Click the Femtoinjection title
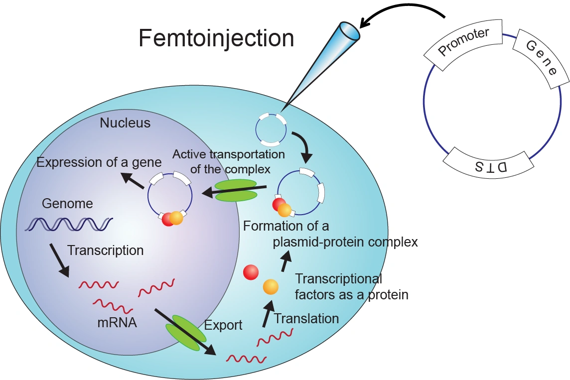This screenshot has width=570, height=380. point(216,38)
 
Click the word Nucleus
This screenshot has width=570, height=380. point(125,123)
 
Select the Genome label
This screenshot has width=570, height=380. point(67,203)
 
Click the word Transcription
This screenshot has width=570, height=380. point(105,250)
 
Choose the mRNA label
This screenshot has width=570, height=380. point(117,322)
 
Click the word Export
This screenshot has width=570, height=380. point(223,325)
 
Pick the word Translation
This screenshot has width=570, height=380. point(306,318)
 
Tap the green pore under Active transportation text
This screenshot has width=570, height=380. point(235,191)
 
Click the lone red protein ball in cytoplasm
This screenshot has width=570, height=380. point(251,272)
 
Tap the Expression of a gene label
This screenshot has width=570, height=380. point(99,162)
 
